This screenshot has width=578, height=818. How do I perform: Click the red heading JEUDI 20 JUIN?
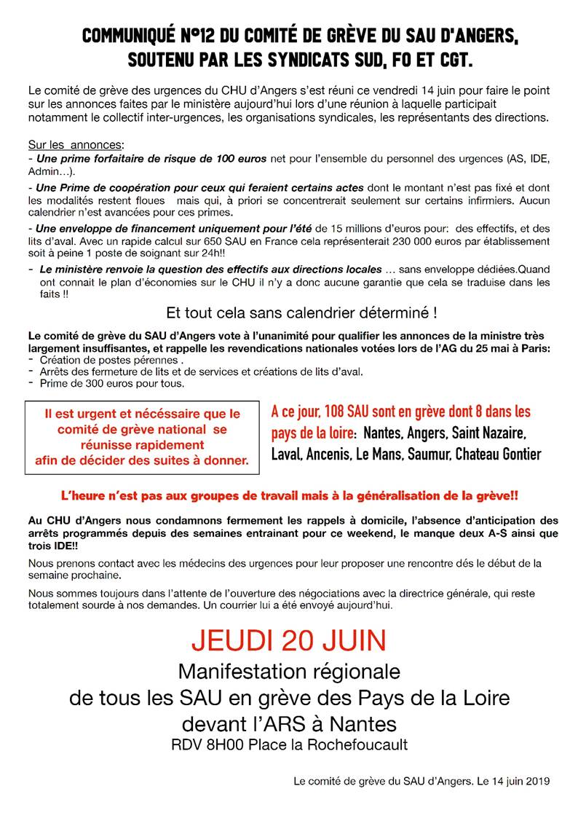[x=289, y=640]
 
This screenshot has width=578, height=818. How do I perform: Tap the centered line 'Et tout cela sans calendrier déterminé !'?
[x=301, y=314]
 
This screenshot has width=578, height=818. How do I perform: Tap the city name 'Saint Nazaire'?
[x=488, y=433]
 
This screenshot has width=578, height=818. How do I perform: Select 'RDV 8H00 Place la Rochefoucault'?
[x=289, y=744]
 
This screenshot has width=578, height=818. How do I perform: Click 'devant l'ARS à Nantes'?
[x=289, y=723]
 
